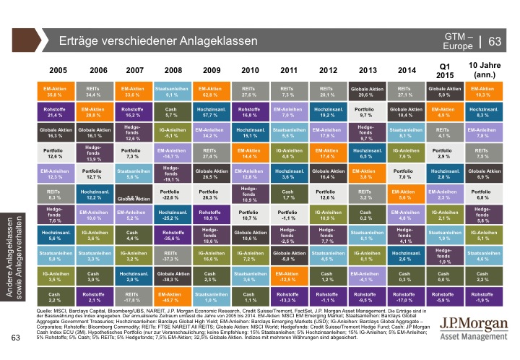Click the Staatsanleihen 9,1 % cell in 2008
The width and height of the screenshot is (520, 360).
(x=173, y=91)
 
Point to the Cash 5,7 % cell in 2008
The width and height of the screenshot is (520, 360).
(x=173, y=111)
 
